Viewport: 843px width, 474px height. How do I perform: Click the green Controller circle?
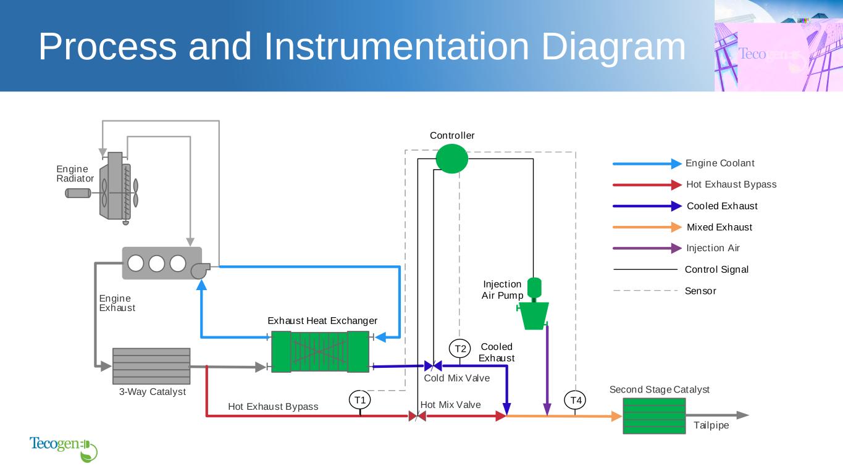point(452,159)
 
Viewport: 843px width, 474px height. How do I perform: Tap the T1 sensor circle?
point(360,400)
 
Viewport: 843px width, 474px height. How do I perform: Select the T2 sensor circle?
point(460,349)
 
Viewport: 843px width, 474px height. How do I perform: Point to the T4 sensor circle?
point(576,401)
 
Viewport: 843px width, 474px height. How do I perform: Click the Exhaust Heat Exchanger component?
point(320,352)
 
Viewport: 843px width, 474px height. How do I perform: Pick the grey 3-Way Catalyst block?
point(151,366)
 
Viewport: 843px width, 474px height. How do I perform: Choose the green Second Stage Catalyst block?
point(654,416)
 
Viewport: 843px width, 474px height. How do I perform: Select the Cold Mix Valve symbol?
point(433,366)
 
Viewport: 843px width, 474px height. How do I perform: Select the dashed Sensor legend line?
point(645,291)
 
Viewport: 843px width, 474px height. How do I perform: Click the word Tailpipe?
point(711,425)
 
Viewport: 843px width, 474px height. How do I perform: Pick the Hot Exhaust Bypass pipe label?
point(273,407)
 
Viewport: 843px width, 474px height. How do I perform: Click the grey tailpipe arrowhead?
point(742,415)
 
